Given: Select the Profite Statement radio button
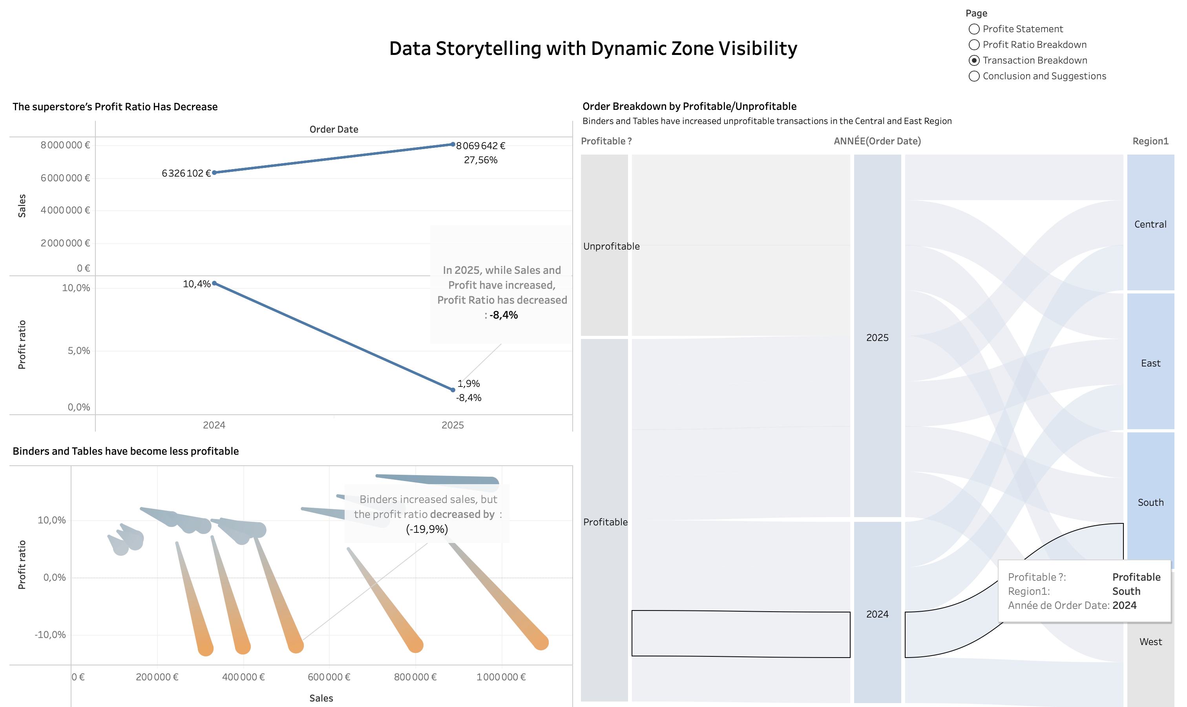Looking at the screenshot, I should pyautogui.click(x=974, y=29).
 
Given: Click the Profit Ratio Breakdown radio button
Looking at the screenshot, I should pyautogui.click(x=974, y=45).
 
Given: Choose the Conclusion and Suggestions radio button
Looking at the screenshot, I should pyautogui.click(x=974, y=76).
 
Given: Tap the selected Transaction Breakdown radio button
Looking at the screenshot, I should pyautogui.click(x=974, y=60).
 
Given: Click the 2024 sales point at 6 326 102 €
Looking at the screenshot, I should pyautogui.click(x=214, y=173).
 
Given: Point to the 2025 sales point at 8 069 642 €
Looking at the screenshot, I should pyautogui.click(x=453, y=144).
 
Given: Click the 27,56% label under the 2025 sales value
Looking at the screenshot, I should pyautogui.click(x=480, y=160).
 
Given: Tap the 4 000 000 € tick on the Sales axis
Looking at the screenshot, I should pyautogui.click(x=65, y=210).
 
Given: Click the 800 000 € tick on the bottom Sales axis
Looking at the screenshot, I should pyautogui.click(x=415, y=677).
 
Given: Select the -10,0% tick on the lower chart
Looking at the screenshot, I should pyautogui.click(x=50, y=634).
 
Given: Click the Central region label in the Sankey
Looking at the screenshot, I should pyautogui.click(x=1150, y=224).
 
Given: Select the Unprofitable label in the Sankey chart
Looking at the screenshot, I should pyautogui.click(x=612, y=246).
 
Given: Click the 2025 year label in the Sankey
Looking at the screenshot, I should pyautogui.click(x=877, y=338).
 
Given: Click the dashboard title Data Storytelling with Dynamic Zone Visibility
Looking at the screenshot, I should pyautogui.click(x=593, y=49).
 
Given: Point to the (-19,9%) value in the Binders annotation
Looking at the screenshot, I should pyautogui.click(x=427, y=529).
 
